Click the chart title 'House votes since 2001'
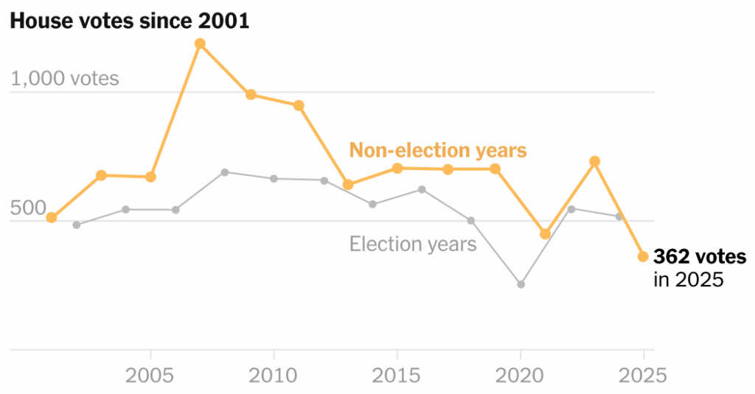tap(129, 21)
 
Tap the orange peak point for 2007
tap(200, 43)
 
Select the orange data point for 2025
tap(643, 256)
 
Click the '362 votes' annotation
tap(699, 257)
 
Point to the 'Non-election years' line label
tap(438, 150)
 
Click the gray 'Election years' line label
tap(413, 244)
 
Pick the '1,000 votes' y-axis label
tap(65, 79)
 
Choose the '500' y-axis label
tap(28, 208)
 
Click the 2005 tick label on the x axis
tap(150, 376)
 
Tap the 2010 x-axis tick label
tap(274, 376)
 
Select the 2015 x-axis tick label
tap(397, 376)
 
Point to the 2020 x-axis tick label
tap(521, 376)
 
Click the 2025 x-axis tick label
tap(643, 376)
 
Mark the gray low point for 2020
tap(521, 284)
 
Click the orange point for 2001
tap(52, 217)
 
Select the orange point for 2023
tap(594, 161)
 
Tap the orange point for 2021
tap(545, 233)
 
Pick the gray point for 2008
tap(225, 172)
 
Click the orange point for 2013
tap(348, 184)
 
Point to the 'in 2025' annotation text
tap(689, 280)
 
